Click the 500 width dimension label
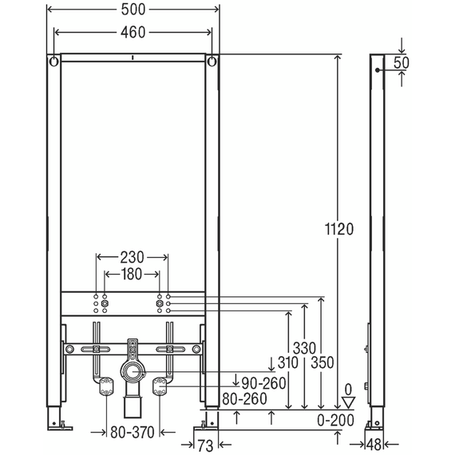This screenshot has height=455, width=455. pos(133,10)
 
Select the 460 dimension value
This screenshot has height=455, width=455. pos(133,32)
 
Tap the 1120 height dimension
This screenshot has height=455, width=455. pos(339,229)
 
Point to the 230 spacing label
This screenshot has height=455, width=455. pos(132,257)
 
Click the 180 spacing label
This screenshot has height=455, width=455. pos(132,275)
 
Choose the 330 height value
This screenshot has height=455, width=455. pos(304,348)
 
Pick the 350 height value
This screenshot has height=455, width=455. pos(322,362)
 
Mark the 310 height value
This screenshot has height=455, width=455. pos(287,362)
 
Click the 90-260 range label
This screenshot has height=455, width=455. pos(263,383)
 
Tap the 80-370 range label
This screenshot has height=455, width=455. pos(133,433)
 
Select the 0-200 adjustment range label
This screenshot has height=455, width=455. pos(336,420)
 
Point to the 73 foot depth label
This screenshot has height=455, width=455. pos(205,445)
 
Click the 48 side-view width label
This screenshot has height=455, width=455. pos(374,445)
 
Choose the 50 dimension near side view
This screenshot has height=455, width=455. pos(402,63)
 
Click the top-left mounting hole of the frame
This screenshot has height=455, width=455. pos(54,61)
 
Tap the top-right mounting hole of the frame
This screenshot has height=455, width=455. pos(212,61)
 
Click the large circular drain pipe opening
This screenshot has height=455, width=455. pos(133,371)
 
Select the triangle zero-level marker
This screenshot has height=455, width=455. pos(349,403)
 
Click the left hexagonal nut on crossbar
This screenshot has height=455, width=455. pos(105,304)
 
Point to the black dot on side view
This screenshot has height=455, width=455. pos(377,70)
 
